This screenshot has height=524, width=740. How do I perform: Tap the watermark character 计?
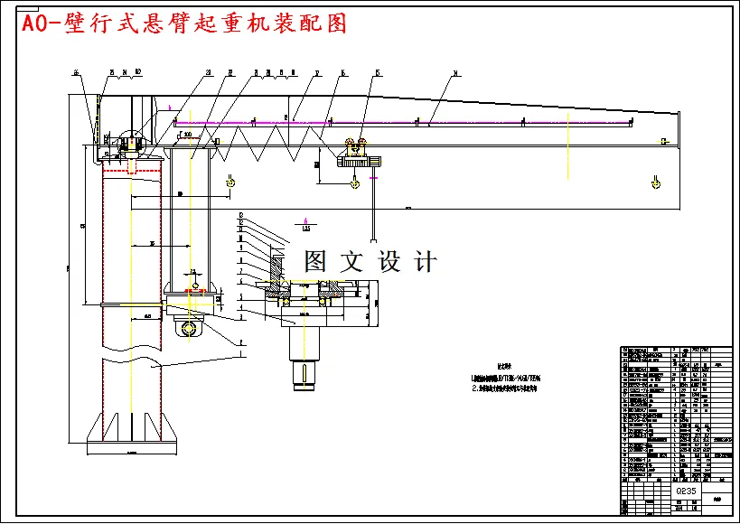[424, 262]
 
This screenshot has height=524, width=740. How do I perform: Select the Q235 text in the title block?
[686, 491]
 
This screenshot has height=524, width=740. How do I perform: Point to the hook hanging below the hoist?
[353, 182]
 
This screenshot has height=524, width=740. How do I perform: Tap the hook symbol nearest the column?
[231, 182]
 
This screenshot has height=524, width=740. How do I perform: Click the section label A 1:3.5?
[307, 224]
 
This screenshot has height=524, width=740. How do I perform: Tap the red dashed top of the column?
[132, 169]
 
